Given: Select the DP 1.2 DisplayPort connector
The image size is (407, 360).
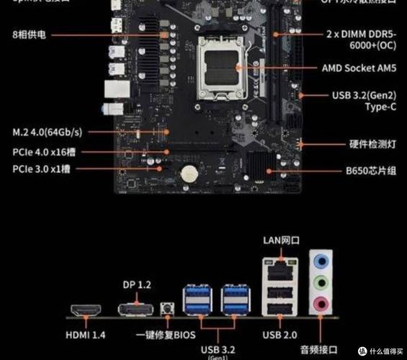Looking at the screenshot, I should pyautogui.click(x=136, y=310).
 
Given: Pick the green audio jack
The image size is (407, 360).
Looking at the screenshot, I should pyautogui.click(x=322, y=282).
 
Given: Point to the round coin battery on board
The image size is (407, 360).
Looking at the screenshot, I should pyautogui.click(x=189, y=174).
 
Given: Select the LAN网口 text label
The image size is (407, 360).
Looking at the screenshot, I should pyautogui.click(x=280, y=240).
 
